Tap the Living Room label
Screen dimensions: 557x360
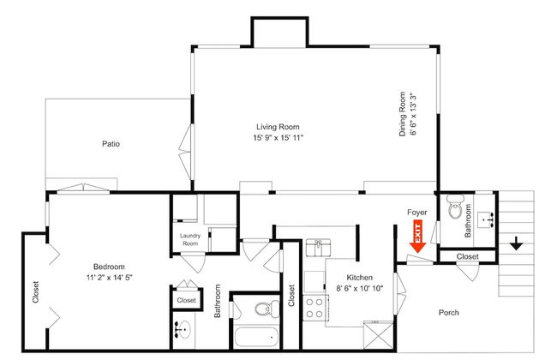coord(278,127)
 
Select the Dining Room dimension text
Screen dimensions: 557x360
coord(412,114)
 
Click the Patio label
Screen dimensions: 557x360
coord(111,144)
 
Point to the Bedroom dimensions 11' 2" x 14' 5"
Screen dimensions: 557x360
coord(109,277)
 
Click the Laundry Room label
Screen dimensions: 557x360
coord(190,239)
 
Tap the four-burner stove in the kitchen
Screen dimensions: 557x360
coord(314,308)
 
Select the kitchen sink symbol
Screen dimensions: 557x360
coord(318,248)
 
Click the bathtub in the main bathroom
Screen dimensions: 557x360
coord(256,337)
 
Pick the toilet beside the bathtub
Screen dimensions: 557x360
coord(267,309)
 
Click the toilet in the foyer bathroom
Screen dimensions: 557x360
coord(454,207)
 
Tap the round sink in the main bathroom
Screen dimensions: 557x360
coord(183,329)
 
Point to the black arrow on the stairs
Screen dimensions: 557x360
coord(516,243)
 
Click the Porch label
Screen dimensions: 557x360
coord(449,313)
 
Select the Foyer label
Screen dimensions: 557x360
coord(417,213)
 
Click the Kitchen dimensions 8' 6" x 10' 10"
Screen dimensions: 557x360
coord(360,288)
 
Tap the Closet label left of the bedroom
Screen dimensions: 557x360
coord(35,292)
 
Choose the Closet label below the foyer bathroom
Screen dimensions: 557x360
coord(468,256)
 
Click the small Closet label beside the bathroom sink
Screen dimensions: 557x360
coord(186,300)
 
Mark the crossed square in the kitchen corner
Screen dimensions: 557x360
coord(378,336)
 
